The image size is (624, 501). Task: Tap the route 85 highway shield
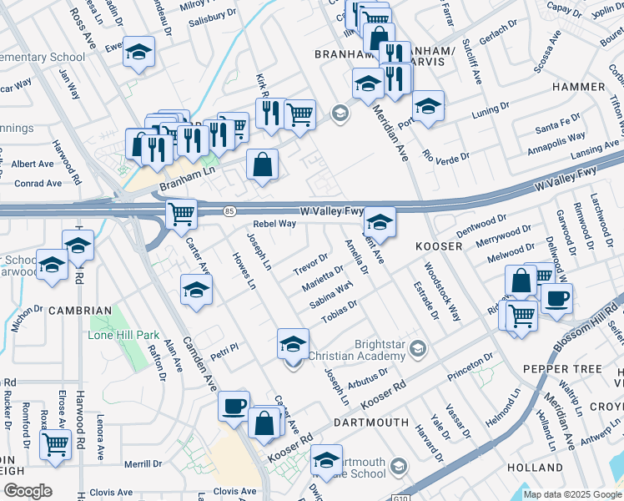point(229,212)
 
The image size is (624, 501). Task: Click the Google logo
point(27,491)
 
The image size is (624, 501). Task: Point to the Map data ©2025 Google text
point(571,494)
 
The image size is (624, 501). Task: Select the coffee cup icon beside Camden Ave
point(234,405)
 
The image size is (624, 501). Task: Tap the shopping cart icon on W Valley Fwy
point(181,214)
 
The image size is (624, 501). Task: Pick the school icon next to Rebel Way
point(379,222)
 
